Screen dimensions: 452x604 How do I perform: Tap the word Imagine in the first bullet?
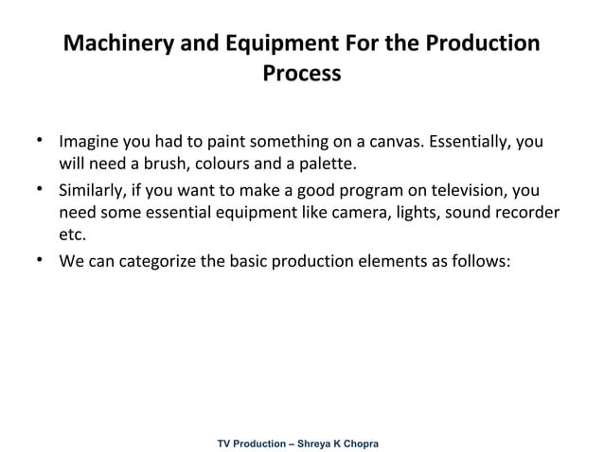(90, 144)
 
